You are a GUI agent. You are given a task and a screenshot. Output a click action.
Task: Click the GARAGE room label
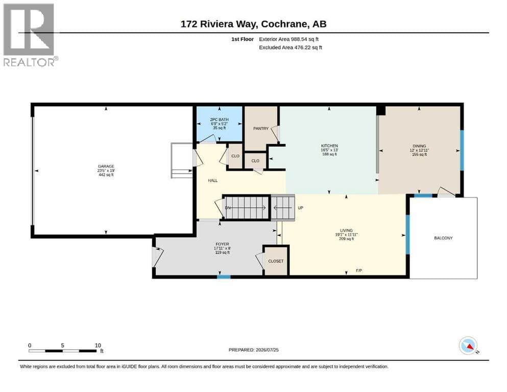point(106,166)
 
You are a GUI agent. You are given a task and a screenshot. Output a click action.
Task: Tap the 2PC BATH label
point(219,119)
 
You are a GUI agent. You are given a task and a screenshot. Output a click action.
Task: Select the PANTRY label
point(261,129)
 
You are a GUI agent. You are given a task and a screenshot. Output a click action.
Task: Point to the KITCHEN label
point(329,146)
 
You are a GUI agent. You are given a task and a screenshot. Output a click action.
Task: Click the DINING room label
point(419,146)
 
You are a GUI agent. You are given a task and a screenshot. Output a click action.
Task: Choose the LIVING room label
point(346,231)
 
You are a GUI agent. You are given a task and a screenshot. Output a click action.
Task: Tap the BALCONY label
point(443,238)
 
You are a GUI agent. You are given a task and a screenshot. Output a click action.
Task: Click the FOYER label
point(222,244)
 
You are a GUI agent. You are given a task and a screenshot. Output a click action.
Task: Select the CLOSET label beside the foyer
point(276,261)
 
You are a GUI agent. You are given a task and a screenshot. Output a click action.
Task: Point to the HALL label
point(213,181)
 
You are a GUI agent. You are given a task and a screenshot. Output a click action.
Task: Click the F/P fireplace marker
point(359,271)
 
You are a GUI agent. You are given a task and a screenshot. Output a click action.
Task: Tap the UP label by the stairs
point(300,208)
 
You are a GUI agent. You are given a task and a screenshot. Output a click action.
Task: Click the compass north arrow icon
point(469,346)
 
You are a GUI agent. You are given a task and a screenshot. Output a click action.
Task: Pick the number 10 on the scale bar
point(98,346)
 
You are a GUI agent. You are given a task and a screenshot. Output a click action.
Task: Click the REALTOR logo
point(31,35)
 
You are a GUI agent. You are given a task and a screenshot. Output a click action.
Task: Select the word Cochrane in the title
point(283,24)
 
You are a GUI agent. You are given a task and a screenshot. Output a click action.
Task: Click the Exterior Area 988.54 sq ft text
point(289,39)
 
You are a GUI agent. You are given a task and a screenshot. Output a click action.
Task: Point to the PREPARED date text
point(253,350)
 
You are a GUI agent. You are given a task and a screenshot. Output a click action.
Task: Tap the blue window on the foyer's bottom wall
point(224,277)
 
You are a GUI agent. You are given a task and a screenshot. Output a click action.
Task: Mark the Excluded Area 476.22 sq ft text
point(291,47)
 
